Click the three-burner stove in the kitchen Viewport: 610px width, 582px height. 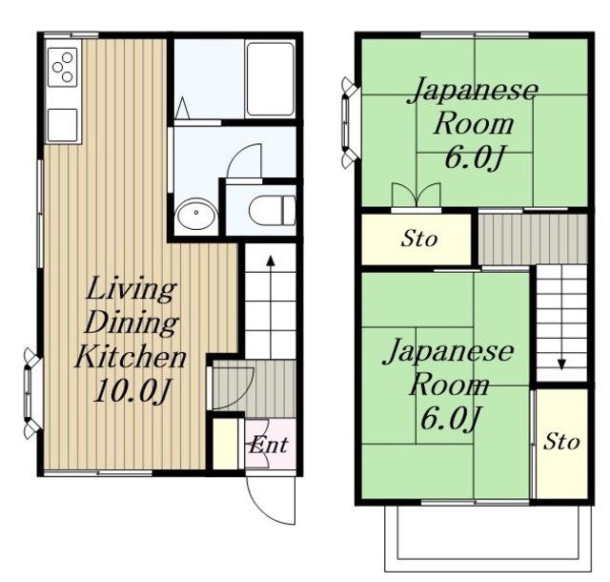62,67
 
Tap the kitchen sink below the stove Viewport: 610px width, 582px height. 62,125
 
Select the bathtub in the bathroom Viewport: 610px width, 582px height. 271,79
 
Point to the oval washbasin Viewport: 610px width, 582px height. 196,214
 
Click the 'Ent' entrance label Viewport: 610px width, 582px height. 269,445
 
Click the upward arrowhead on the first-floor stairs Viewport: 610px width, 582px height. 271,260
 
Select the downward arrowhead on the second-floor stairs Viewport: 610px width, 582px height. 561,364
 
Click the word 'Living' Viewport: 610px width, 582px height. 132,289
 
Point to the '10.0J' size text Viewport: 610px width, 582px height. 132,390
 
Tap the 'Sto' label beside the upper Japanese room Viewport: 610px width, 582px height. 419,238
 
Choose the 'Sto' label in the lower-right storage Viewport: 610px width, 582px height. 561,442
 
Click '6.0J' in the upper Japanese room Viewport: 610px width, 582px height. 474,158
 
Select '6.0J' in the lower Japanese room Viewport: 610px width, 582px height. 450,419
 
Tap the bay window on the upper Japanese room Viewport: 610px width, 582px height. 349,123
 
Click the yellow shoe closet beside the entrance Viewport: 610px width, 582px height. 225,444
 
